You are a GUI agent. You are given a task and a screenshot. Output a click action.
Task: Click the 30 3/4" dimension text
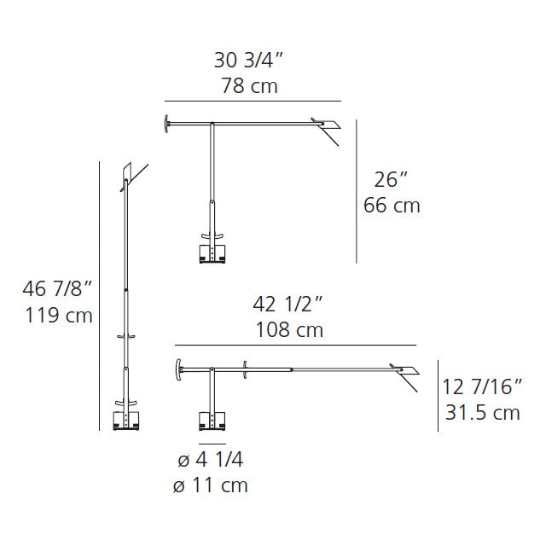248,60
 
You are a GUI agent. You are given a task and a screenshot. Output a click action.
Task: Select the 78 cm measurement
249,85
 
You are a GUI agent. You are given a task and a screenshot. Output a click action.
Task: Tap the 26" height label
391,180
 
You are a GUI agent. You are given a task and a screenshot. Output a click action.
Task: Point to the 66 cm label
392,205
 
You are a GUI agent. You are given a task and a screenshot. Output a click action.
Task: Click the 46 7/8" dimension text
57,288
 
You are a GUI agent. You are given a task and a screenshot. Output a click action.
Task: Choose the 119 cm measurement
59,316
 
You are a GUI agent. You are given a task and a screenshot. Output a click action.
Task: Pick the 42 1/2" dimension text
288,304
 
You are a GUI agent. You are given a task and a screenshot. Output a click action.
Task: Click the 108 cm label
289,330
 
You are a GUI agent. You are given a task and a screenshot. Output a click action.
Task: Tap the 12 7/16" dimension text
482,386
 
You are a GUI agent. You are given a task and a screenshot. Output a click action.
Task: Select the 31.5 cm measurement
483,413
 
